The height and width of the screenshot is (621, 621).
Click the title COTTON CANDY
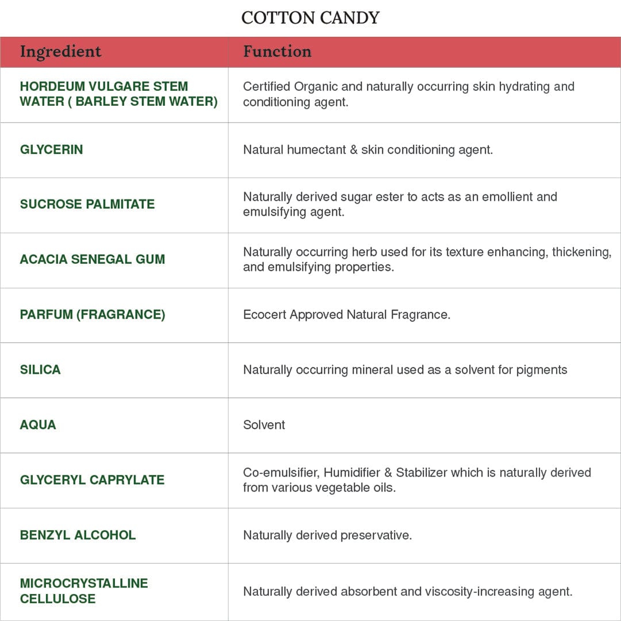point(310,18)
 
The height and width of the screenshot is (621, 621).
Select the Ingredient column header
point(60,52)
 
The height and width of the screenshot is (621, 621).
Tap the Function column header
point(277,52)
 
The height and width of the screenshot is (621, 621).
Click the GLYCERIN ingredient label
point(51,149)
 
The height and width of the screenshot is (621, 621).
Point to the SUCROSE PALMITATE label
point(87,204)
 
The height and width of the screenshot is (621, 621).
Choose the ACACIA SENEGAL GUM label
point(93,259)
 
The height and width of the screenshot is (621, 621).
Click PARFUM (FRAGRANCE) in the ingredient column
point(93,315)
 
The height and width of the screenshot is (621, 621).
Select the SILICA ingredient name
point(40,370)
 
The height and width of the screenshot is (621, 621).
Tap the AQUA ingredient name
point(38,425)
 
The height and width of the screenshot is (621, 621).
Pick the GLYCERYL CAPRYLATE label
point(92,480)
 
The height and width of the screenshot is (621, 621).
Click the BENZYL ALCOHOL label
point(78,535)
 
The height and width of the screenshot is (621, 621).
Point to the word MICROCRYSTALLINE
point(84,583)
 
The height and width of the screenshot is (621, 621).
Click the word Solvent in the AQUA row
point(264,425)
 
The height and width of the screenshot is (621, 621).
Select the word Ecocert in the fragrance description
point(264,315)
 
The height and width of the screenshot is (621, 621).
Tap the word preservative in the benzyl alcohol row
point(376,535)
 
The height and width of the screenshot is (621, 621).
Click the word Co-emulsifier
point(280,473)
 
